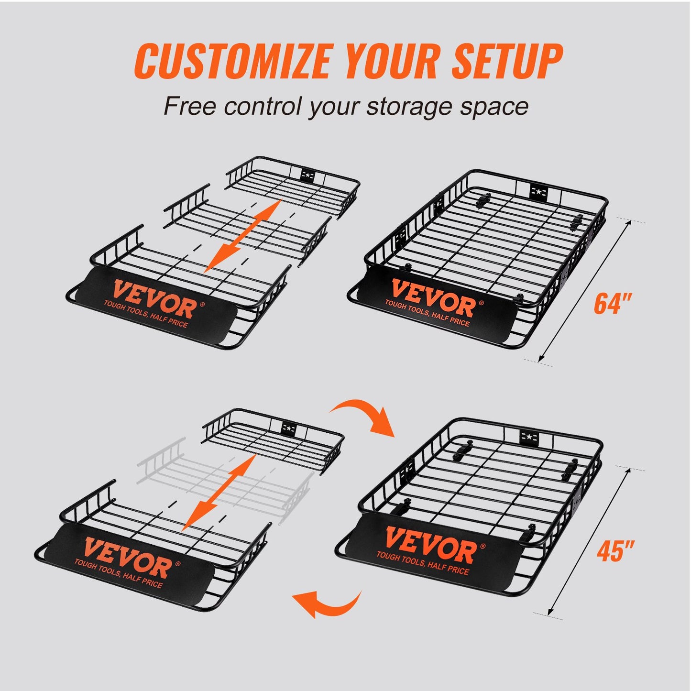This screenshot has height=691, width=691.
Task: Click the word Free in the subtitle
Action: click(190, 106)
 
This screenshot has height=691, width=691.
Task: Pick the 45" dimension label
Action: click(615, 551)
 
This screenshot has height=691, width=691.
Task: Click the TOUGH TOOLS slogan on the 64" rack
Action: click(427, 313)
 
